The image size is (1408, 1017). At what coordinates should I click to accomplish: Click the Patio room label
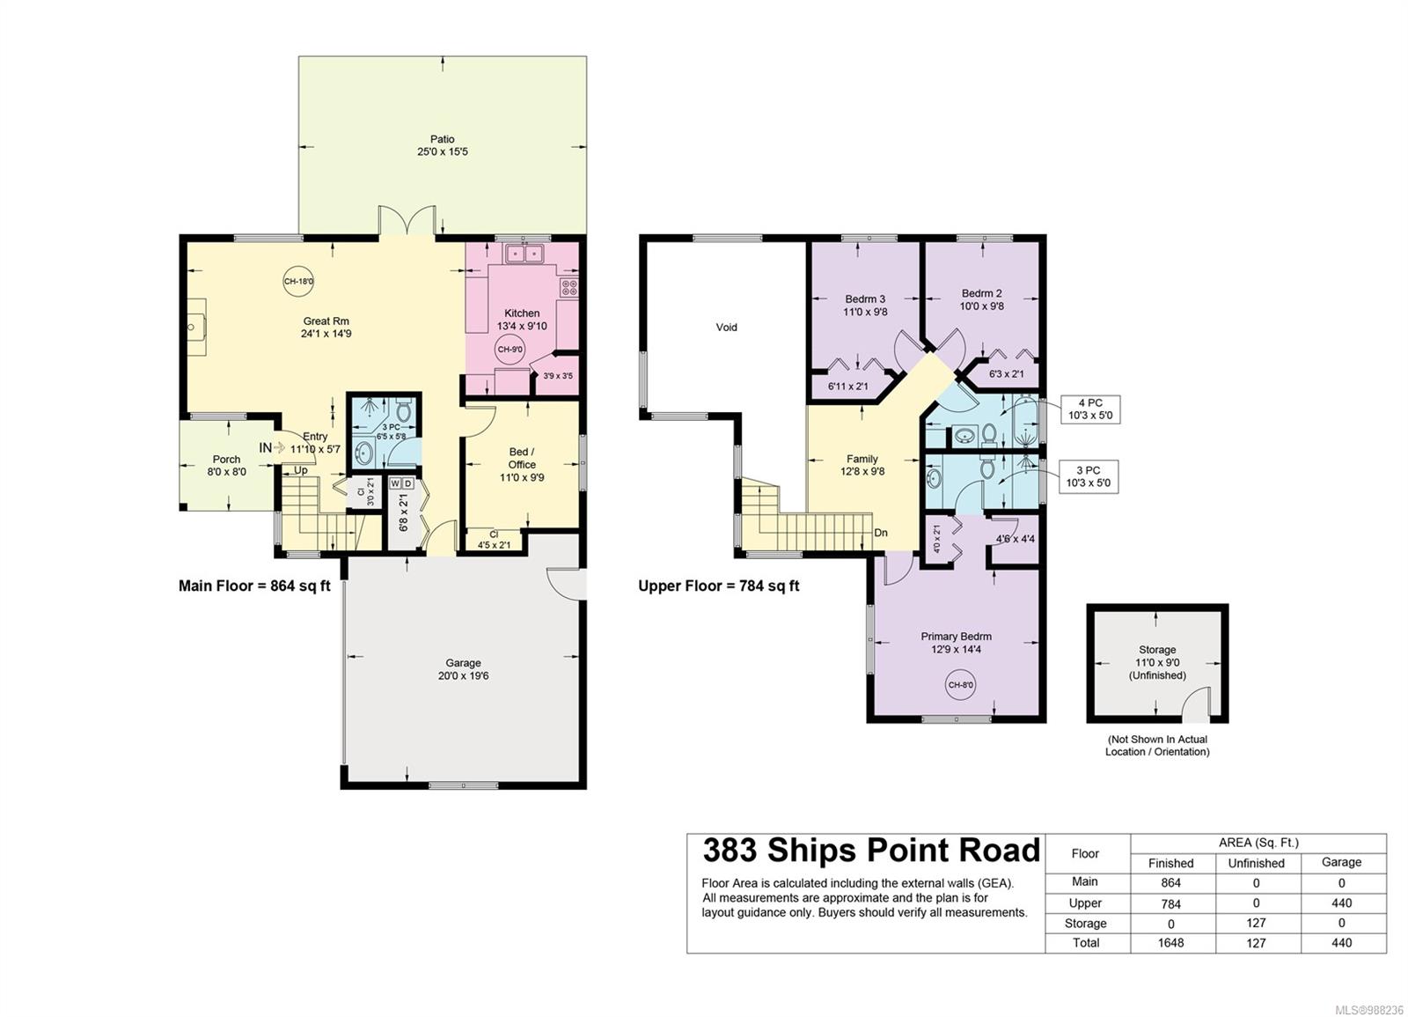click(443, 139)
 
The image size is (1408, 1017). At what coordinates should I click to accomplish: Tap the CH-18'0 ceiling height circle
click(298, 281)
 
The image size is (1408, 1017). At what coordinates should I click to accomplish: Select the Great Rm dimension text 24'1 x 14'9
click(326, 334)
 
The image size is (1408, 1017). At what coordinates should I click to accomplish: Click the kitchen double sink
click(524, 253)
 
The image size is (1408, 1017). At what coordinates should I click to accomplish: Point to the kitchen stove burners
click(569, 287)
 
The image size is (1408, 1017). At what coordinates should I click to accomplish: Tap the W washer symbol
click(395, 483)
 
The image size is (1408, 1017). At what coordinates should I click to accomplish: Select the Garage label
click(463, 663)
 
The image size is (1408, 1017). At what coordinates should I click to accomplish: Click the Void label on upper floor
click(727, 327)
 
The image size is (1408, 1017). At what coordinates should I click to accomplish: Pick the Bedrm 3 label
click(865, 298)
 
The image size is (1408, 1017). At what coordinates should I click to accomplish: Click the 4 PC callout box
click(1090, 409)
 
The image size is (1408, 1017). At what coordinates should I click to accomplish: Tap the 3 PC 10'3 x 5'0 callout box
click(1089, 476)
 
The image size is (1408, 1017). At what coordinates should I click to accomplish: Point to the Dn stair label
click(881, 533)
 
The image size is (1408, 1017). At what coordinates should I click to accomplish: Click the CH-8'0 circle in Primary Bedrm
click(961, 685)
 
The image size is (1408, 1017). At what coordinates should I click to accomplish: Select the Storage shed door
click(1196, 704)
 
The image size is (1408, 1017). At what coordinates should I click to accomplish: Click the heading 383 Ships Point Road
click(871, 850)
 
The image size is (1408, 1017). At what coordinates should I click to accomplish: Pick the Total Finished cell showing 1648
click(1170, 943)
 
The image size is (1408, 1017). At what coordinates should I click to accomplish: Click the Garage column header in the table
click(1341, 862)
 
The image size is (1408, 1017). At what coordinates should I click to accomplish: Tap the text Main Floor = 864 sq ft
click(254, 586)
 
